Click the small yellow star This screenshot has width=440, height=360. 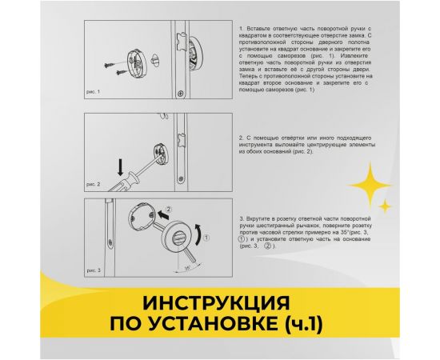click(385, 206)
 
